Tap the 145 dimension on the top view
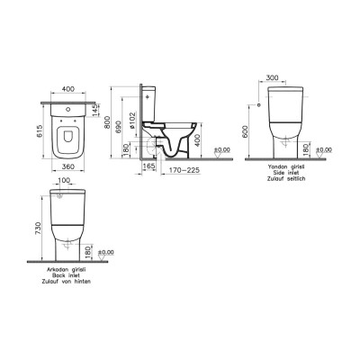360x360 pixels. pos(97,109)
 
